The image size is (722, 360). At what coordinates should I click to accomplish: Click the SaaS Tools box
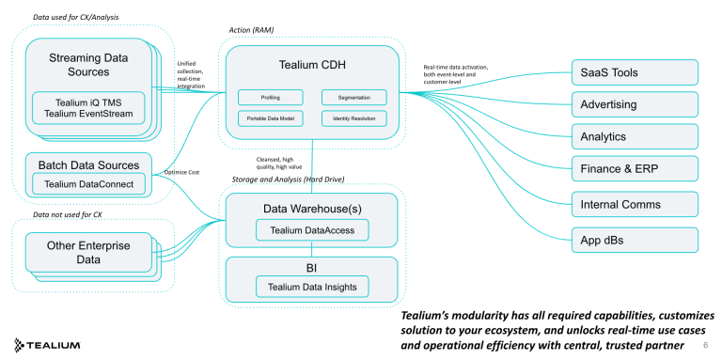(x=635, y=72)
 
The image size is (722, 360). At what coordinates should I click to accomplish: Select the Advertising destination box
(x=635, y=104)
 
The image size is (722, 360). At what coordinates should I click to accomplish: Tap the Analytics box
(x=635, y=136)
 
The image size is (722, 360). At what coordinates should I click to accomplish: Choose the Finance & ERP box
(x=635, y=169)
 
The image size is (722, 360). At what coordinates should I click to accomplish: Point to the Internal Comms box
(x=635, y=203)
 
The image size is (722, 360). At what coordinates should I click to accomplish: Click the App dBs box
(x=635, y=239)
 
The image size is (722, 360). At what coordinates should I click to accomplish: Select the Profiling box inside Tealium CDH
(x=270, y=97)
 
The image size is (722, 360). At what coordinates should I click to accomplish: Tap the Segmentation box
(x=353, y=97)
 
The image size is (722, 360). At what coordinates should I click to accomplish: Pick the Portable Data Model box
(x=270, y=118)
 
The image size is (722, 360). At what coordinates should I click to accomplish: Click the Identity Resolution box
(x=353, y=118)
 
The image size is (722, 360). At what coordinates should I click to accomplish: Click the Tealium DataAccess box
(x=311, y=228)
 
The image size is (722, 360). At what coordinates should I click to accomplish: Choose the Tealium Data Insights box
(x=311, y=286)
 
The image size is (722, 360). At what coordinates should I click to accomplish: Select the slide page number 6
(x=706, y=346)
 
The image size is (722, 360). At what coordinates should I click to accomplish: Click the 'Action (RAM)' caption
(x=253, y=30)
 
